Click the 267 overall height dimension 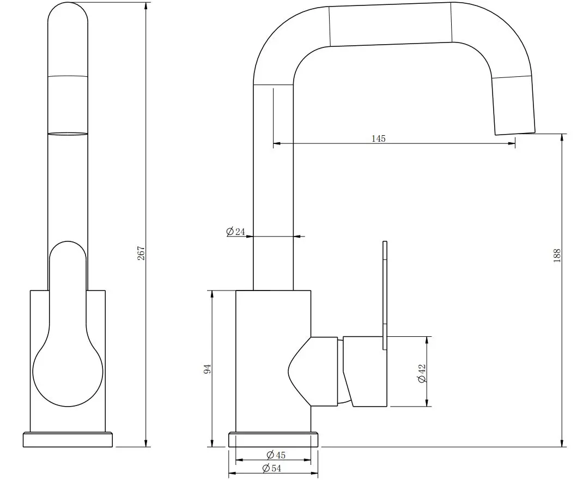pyautogui.click(x=141, y=253)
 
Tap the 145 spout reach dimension pyautogui.click(x=379, y=138)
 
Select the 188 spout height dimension pyautogui.click(x=557, y=256)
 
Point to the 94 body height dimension pyautogui.click(x=207, y=369)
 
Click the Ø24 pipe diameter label pyautogui.click(x=236, y=232)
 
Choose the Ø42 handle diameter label pyautogui.click(x=422, y=373)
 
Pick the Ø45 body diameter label pyautogui.click(x=276, y=455)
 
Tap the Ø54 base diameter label pyautogui.click(x=271, y=468)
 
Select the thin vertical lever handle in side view pyautogui.click(x=385, y=295)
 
